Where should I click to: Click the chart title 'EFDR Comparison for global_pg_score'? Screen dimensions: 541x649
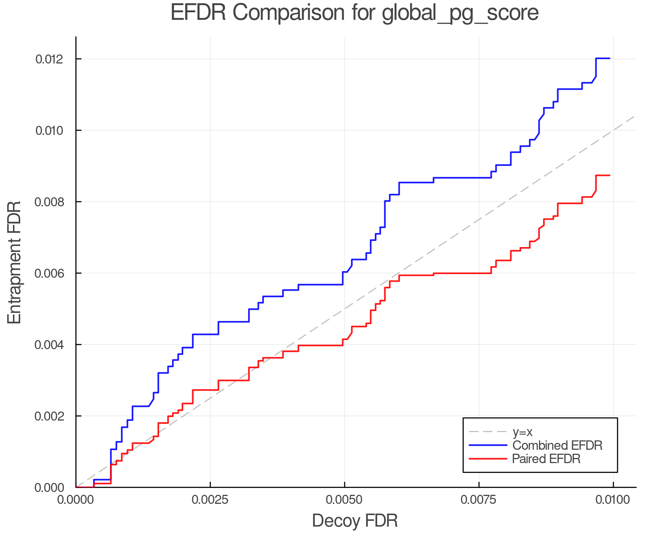(354, 13)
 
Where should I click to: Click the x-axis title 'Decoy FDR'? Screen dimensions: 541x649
(355, 521)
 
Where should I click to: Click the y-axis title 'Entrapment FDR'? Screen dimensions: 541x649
(14, 263)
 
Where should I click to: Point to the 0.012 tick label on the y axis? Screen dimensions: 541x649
(49, 59)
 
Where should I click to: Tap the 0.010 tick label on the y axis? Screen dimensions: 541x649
(49, 130)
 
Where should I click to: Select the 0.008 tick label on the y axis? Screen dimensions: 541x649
(49, 202)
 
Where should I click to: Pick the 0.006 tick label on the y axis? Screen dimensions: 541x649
(49, 273)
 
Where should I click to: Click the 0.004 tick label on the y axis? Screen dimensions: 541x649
(49, 344)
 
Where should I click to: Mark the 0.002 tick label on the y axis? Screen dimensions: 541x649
(49, 416)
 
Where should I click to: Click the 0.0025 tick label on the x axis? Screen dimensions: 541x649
(210, 500)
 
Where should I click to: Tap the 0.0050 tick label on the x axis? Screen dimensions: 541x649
(344, 500)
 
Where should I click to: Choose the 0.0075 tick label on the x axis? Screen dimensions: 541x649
(479, 500)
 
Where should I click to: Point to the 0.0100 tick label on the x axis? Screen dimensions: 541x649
(613, 500)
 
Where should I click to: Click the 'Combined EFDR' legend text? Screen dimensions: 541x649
(557, 445)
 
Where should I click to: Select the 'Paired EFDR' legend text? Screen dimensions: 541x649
(546, 459)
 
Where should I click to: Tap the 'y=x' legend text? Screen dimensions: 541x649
(522, 432)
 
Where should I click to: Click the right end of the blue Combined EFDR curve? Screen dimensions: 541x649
(609, 58)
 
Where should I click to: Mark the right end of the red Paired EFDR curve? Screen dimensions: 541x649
(609, 175)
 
